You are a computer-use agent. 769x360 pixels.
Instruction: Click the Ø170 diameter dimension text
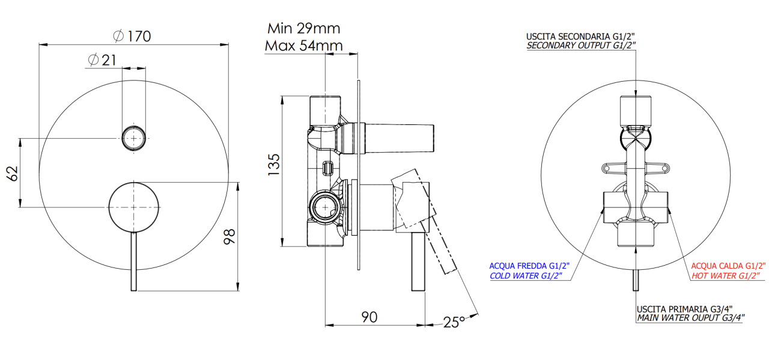pyautogui.click(x=132, y=36)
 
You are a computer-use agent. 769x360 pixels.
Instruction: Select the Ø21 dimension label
pyautogui.click(x=102, y=60)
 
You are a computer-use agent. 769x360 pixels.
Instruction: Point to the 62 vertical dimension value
pyautogui.click(x=13, y=174)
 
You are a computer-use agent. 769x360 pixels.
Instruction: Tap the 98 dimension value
pyautogui.click(x=229, y=236)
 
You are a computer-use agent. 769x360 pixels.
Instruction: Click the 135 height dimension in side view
pyautogui.click(x=274, y=165)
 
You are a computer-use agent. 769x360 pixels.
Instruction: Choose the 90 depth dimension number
pyautogui.click(x=369, y=317)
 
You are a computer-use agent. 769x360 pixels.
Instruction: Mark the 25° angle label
pyautogui.click(x=454, y=322)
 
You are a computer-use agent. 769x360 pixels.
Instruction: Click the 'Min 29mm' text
pyautogui.click(x=304, y=28)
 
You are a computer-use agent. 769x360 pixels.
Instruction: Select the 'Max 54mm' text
pyautogui.click(x=304, y=46)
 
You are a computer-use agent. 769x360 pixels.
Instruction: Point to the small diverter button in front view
pyautogui.click(x=133, y=138)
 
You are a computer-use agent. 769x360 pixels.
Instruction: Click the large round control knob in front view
pyautogui.click(x=133, y=207)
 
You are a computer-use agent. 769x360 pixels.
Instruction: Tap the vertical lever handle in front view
pyautogui.click(x=133, y=261)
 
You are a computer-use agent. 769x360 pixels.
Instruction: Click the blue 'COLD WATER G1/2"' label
pyautogui.click(x=526, y=276)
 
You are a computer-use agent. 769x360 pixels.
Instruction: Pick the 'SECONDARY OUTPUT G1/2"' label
pyautogui.click(x=581, y=45)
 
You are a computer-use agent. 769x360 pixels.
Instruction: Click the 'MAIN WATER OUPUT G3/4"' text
pyautogui.click(x=690, y=318)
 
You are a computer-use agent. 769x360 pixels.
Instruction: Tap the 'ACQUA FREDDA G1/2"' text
pyautogui.click(x=529, y=266)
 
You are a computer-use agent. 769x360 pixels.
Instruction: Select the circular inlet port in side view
pyautogui.click(x=325, y=207)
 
